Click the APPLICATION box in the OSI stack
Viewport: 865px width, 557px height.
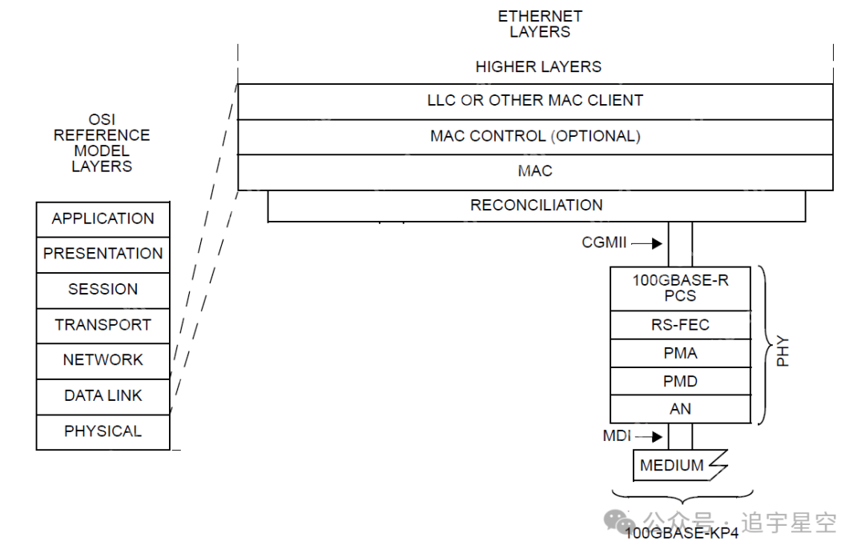tap(103, 219)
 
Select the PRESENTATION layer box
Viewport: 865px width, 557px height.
tap(103, 254)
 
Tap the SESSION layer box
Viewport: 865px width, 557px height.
tap(103, 290)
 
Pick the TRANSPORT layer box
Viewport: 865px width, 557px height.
tap(103, 326)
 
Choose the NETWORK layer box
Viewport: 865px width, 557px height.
tap(103, 361)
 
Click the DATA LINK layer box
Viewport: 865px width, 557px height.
tap(103, 396)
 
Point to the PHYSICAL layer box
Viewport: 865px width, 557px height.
tap(103, 432)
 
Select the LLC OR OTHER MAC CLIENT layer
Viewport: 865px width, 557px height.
tap(535, 102)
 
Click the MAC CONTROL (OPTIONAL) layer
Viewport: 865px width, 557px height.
tap(535, 137)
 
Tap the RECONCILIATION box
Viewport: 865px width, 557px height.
tap(536, 206)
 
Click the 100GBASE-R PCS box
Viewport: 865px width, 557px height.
tap(680, 289)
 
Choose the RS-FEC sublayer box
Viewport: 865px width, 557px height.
tap(680, 326)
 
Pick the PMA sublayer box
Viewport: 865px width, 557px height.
tap(680, 354)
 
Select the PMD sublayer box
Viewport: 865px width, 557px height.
tap(680, 382)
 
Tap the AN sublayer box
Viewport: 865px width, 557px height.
tap(680, 410)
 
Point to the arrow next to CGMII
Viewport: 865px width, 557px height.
tap(646, 242)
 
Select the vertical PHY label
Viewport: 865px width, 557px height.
tap(783, 352)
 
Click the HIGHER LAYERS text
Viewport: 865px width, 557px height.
tap(538, 67)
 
